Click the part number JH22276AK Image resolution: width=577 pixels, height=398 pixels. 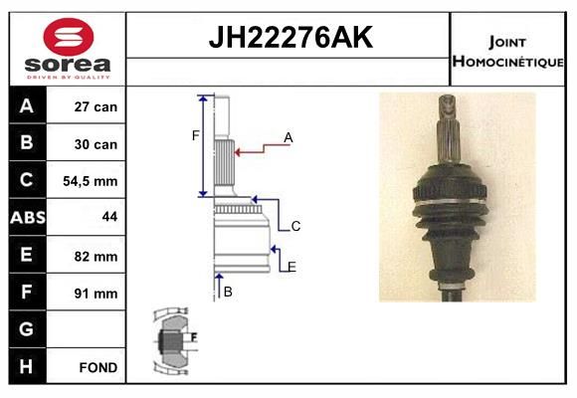point(290,37)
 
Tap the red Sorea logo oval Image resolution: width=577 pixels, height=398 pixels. point(69,37)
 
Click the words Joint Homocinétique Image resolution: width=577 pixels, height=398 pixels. point(507,52)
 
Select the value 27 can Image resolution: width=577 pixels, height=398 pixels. point(96,106)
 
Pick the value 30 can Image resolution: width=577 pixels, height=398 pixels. point(96,144)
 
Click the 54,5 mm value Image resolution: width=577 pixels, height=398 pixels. point(91,181)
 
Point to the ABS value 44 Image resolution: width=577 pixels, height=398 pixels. point(109,216)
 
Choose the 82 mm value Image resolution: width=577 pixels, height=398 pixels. point(96,257)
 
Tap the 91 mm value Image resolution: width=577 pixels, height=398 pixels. point(96,294)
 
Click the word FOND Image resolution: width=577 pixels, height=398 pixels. point(98,367)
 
